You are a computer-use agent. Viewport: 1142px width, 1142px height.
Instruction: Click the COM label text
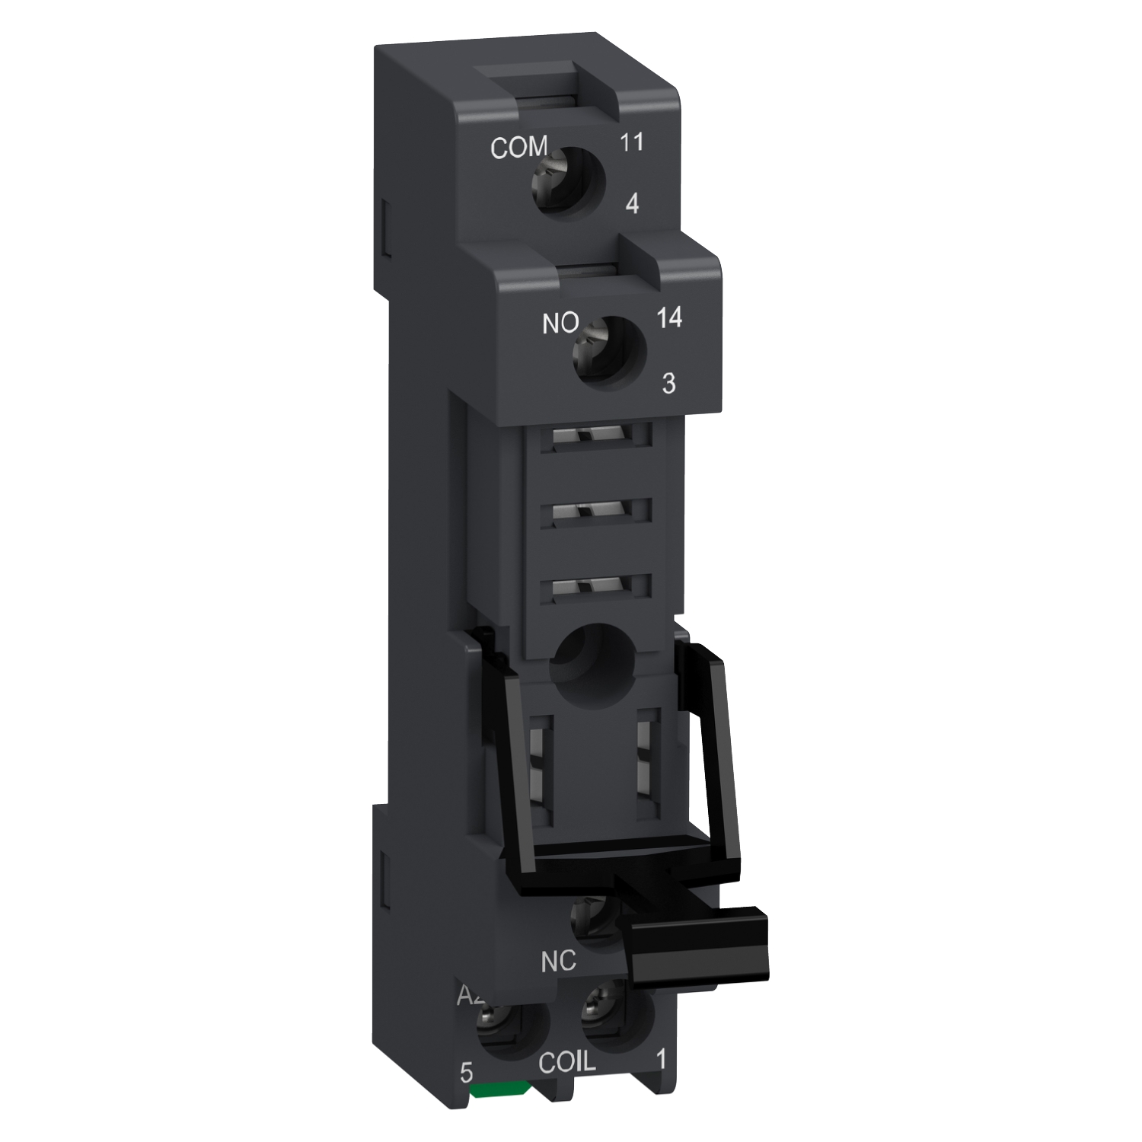point(518,148)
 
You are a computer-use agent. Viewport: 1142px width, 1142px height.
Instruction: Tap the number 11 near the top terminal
point(631,142)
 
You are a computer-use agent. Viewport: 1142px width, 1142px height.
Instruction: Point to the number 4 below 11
point(631,203)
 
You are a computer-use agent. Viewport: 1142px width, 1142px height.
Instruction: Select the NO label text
point(560,324)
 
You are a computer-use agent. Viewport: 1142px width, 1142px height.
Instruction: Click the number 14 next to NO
point(668,317)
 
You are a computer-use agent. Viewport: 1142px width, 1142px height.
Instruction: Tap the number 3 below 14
point(668,383)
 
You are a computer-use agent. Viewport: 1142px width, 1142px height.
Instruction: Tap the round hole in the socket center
point(590,658)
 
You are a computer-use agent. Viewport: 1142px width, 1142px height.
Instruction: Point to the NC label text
point(558,962)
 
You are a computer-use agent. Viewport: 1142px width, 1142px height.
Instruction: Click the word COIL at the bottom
point(567,1063)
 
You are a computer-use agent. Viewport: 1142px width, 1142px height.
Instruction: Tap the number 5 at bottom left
point(467,1073)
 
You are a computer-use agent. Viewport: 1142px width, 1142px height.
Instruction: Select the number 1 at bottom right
point(661,1058)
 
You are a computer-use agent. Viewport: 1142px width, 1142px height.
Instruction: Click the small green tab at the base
point(499,1090)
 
